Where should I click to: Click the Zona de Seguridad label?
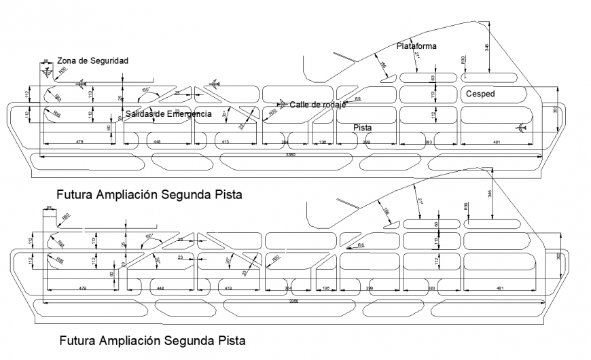coord(92,60)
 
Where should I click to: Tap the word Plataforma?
coord(416,46)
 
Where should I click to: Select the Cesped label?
coord(480,93)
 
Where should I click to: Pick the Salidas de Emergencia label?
coord(168,113)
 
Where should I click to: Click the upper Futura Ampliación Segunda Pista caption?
coord(150,194)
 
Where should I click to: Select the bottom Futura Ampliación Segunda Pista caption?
coord(153,339)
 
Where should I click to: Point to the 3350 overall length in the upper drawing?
coord(293,156)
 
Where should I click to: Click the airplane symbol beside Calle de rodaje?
coord(281,104)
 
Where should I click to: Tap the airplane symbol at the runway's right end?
coord(520,127)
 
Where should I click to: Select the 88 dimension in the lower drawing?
coord(50,207)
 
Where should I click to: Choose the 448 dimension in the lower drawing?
coord(160,289)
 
